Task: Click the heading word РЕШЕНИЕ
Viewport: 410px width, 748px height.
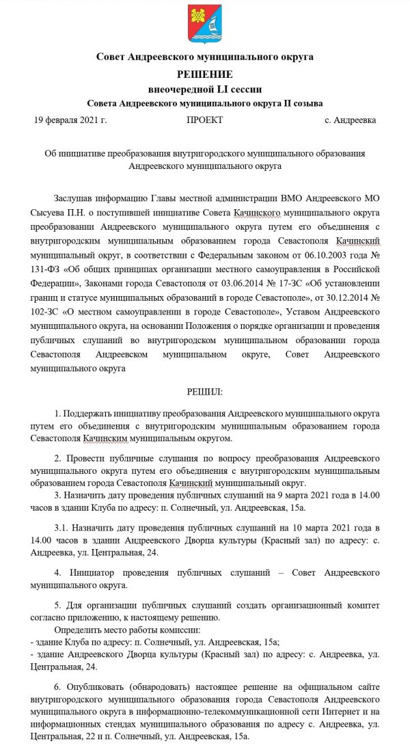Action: click(x=205, y=74)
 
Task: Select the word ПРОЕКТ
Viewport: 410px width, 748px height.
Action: click(x=204, y=120)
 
